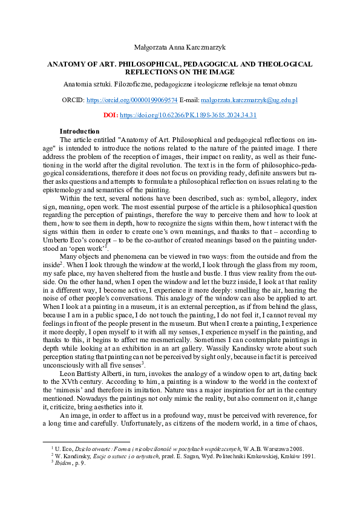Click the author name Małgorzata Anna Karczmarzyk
180,47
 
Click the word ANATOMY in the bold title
68,63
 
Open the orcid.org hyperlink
133,99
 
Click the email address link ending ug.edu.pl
249,99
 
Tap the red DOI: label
111,115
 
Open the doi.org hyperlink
188,115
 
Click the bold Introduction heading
79,131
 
